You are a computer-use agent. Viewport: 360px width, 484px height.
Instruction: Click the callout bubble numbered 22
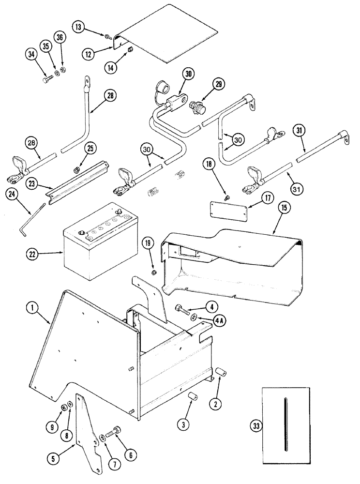point(32,253)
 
